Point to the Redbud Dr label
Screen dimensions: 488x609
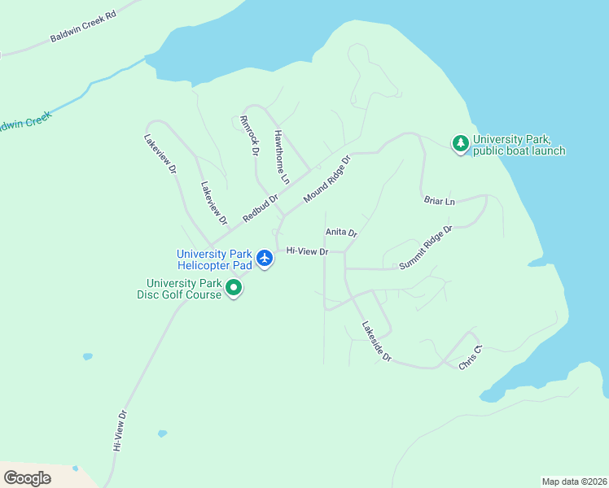(x=261, y=207)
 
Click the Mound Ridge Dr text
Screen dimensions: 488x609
(x=326, y=179)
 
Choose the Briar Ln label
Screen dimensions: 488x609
(x=439, y=200)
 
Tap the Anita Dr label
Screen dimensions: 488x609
(x=341, y=233)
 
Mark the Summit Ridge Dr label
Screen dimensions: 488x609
(x=425, y=248)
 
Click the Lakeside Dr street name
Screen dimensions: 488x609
(x=377, y=342)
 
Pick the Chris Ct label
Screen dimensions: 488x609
(x=471, y=358)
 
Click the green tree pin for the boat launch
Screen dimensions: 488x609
(x=461, y=144)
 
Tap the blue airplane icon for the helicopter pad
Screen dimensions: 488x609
(x=265, y=258)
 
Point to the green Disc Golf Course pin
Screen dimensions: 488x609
(x=234, y=287)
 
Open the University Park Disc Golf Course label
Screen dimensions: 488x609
(x=179, y=289)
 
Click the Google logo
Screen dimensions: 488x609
(x=28, y=478)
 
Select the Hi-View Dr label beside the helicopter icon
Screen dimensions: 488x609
(x=307, y=251)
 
